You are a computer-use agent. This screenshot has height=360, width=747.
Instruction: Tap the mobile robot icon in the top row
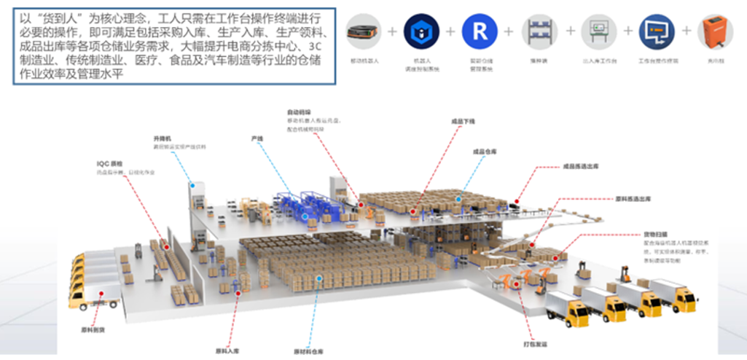point(363,31)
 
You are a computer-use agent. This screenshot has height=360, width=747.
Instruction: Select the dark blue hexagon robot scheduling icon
point(419,31)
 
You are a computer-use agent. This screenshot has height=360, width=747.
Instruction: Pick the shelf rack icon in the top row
point(537,31)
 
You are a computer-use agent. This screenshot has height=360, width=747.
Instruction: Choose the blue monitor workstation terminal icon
point(655,31)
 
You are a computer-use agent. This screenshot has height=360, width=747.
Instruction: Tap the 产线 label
point(257,138)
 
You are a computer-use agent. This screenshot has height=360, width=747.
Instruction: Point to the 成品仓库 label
point(484,152)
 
